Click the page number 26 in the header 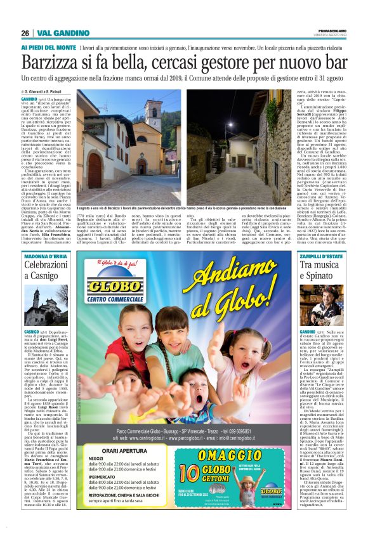pos(25,32)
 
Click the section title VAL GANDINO pos(62,32)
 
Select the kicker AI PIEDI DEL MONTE pos(48,48)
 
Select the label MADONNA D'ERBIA pos(46,256)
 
